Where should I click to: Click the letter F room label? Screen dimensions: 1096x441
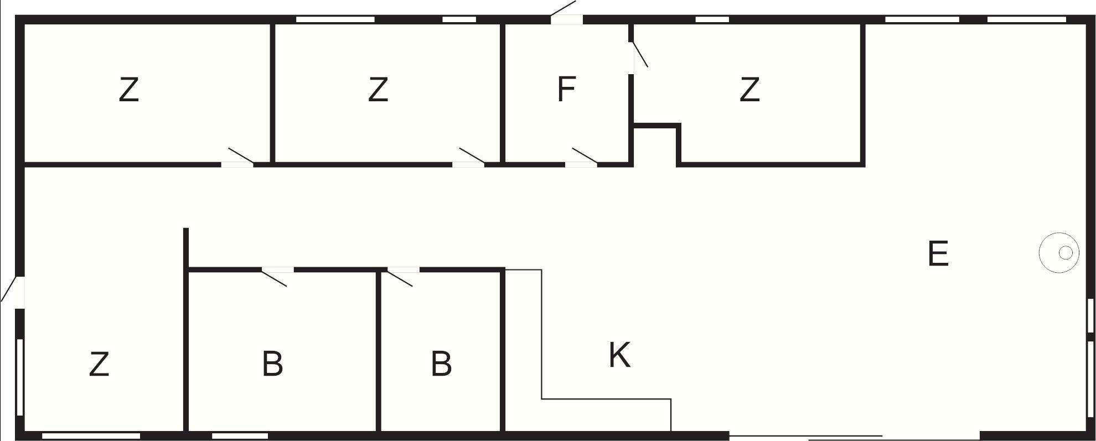coord(567,90)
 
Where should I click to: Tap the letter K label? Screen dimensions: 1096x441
coord(619,355)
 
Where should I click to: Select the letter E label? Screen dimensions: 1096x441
coord(938,254)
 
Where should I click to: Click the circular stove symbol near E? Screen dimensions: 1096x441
coord(1059,253)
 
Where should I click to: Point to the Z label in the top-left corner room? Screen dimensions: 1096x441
coord(128,90)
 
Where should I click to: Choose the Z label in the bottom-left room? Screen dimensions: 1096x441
coord(99,365)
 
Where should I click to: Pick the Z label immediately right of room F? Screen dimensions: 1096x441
coord(749,90)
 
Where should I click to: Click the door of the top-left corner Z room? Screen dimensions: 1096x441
coord(237,158)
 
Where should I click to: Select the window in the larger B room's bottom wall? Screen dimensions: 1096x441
coord(240,436)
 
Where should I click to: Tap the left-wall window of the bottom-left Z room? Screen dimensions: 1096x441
coord(20,377)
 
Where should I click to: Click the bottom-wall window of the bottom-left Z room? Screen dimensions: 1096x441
coord(91,436)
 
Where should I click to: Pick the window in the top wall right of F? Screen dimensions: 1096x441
coord(712,20)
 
